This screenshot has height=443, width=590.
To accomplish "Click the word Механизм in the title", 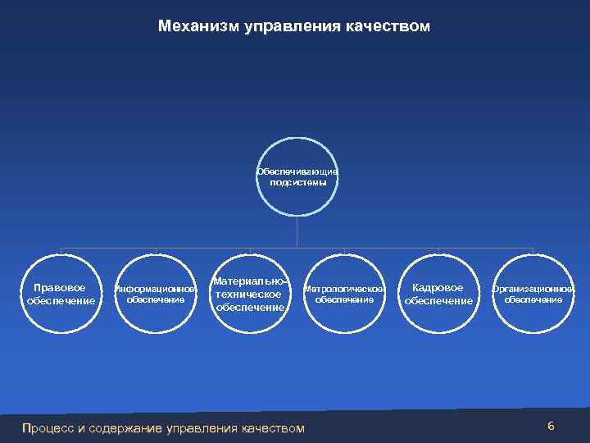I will point(198,27).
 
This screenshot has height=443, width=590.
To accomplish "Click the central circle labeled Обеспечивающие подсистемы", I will point(297,176).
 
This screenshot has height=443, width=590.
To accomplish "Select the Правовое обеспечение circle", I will point(61,294).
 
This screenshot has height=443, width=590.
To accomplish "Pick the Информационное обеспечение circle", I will point(155,294).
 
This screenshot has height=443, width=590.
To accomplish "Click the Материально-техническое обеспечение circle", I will point(249,294).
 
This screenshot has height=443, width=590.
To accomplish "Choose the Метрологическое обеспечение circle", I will point(344,294).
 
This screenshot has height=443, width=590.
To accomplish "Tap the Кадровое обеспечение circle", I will point(438,294).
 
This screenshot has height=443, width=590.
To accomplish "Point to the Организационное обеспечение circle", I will point(533,294).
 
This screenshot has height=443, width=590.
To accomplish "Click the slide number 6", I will point(551,426).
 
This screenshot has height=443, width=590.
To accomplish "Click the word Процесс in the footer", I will point(48,428).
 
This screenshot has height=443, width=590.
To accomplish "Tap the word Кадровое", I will point(438,287).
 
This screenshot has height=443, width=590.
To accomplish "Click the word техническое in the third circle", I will point(248,294).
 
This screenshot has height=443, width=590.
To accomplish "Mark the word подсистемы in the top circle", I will point(297,183).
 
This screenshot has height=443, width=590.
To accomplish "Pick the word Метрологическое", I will point(344,289).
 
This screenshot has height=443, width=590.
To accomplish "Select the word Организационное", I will point(533,289).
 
